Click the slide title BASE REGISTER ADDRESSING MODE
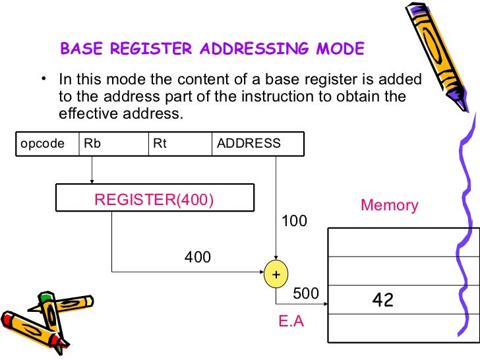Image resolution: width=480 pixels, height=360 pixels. click(212, 49)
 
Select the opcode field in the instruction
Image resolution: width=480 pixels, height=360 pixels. click(44, 144)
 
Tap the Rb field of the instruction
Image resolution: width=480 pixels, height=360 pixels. click(112, 144)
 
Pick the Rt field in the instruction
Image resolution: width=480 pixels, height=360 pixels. click(179, 144)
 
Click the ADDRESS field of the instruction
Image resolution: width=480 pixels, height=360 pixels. click(257, 144)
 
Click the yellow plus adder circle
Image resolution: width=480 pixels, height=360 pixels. click(276, 274)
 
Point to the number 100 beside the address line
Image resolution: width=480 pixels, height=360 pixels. click(294, 222)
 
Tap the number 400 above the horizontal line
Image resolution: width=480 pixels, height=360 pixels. click(198, 257)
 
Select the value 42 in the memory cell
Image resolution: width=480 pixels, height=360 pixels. click(383, 301)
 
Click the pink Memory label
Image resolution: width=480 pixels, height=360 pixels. click(389, 205)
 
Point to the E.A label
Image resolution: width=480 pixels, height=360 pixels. click(291, 323)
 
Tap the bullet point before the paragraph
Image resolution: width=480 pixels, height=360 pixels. click(43, 80)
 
